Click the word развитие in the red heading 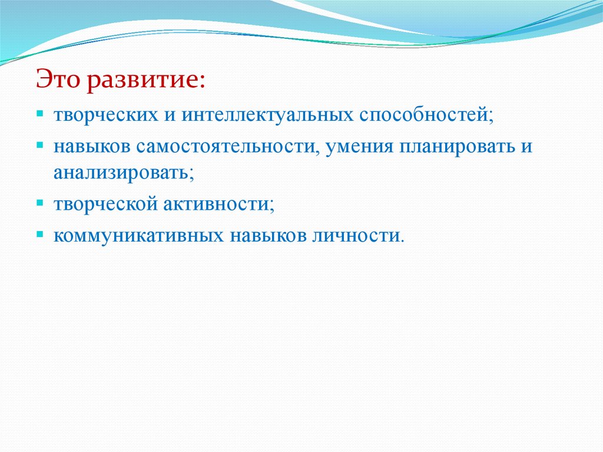141,81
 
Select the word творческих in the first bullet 106,115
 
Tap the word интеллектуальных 267,114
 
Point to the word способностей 425,115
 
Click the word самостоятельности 226,147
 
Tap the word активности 217,204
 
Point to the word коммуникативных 138,236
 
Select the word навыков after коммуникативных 268,236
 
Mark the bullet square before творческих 39,114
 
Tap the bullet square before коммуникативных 39,234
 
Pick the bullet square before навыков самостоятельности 39,146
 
